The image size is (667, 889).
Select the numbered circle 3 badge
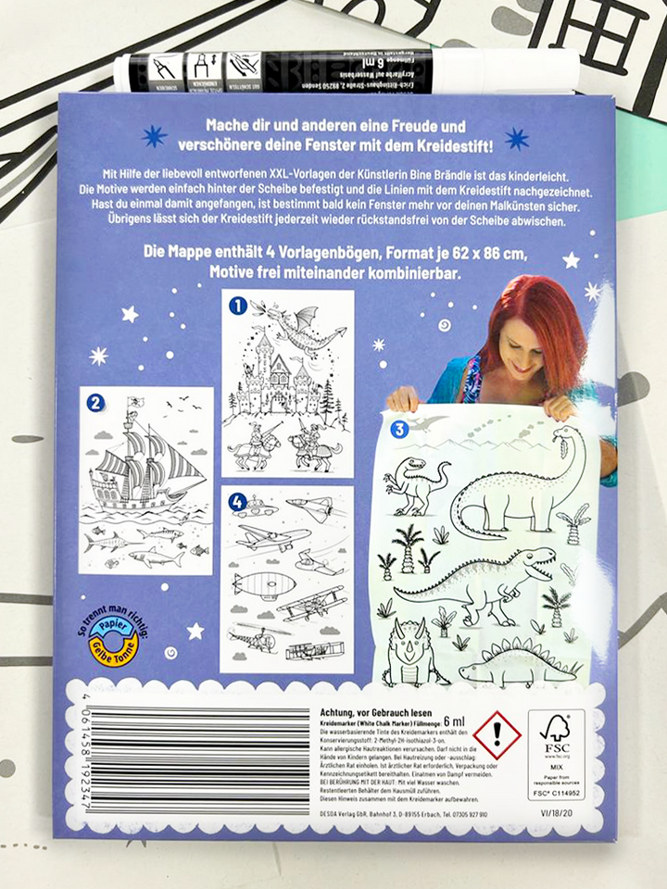click(x=398, y=429)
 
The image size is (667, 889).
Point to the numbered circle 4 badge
click(x=237, y=502)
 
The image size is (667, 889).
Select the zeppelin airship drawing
click(x=264, y=583)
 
